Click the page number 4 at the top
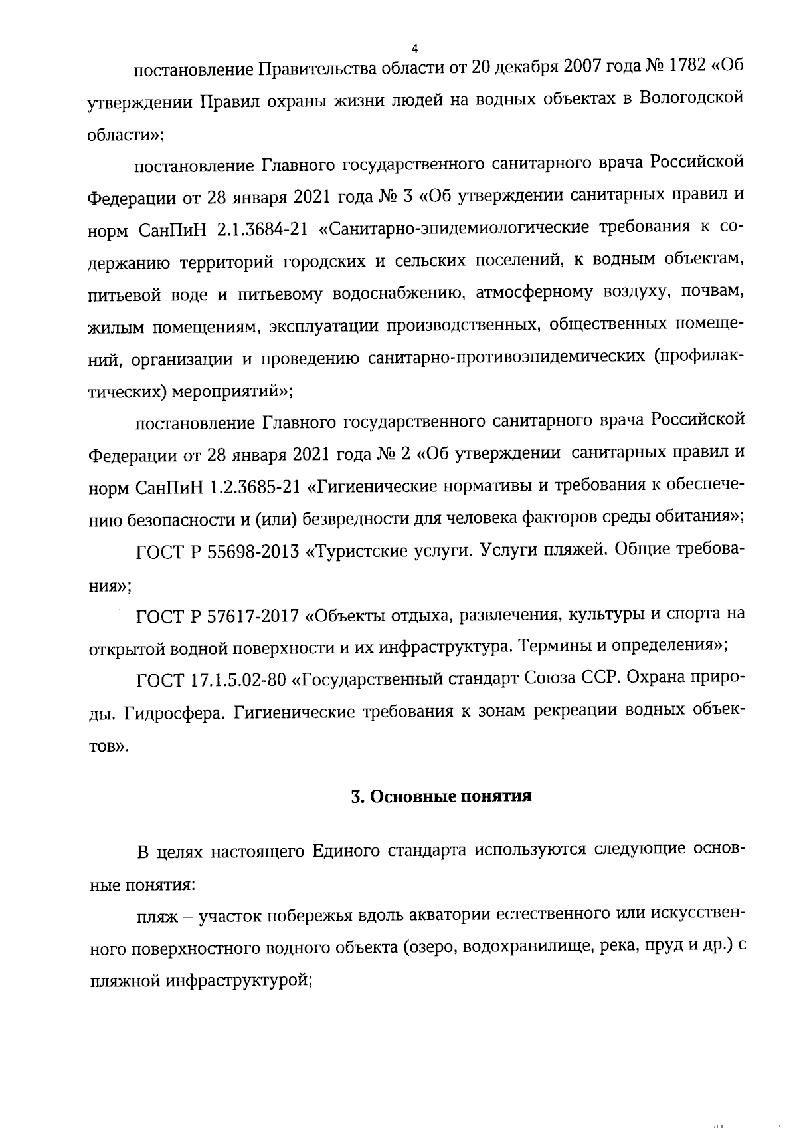click(x=414, y=48)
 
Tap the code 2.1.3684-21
click(x=262, y=229)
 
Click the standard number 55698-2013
click(x=252, y=553)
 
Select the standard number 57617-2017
click(x=252, y=615)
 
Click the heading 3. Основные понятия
click(x=441, y=796)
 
